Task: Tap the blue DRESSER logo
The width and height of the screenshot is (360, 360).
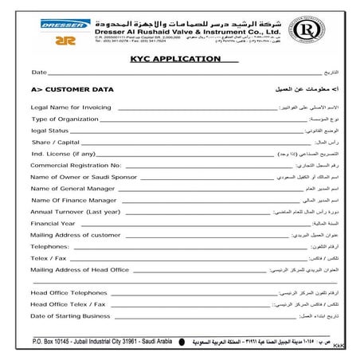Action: (x=66, y=24)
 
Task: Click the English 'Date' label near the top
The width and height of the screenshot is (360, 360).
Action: (x=39, y=72)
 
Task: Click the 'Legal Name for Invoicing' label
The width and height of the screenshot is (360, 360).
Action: (x=71, y=107)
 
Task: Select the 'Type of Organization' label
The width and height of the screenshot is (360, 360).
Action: (x=65, y=119)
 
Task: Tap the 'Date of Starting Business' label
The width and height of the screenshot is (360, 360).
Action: (x=70, y=316)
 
